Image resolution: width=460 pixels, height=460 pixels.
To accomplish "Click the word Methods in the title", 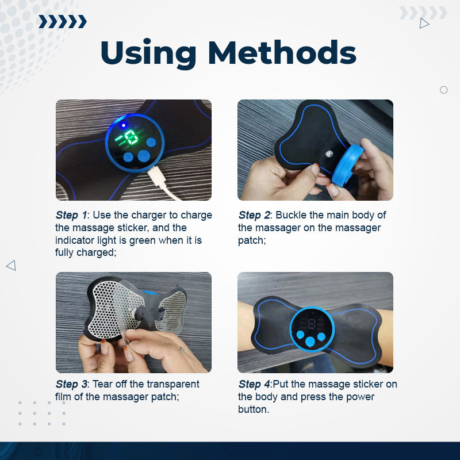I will tap(282, 53).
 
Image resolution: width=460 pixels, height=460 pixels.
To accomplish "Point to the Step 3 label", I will tap(72, 384).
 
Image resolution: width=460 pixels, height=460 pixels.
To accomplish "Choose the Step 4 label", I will tap(254, 384).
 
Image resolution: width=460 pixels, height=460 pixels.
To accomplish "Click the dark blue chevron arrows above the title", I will tap(62, 22).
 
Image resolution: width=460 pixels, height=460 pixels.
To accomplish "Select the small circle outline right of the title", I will tap(443, 90).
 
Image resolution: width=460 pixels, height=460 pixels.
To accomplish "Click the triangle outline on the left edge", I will tap(10, 265).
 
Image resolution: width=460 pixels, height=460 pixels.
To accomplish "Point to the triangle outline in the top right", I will tap(424, 24).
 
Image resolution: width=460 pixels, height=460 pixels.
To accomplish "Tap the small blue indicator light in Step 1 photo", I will tap(123, 125).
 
